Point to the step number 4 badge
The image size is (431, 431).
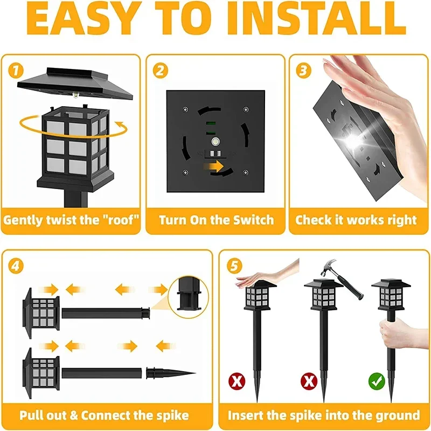pos(17,266)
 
